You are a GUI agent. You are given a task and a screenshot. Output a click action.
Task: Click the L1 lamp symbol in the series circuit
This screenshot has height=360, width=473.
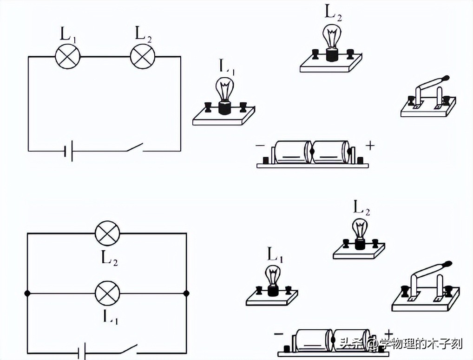click(x=68, y=57)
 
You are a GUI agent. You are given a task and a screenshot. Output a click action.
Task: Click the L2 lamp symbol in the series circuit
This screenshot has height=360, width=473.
click(x=142, y=57)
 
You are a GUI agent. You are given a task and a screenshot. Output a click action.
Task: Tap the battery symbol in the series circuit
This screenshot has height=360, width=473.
click(x=68, y=151)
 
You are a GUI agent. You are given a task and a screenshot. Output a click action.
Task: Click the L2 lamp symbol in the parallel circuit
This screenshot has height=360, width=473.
click(x=107, y=233)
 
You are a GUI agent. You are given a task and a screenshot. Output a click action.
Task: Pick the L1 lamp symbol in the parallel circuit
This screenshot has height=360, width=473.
click(x=107, y=293)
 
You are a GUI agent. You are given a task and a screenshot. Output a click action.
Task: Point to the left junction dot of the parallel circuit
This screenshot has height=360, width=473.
click(x=27, y=293)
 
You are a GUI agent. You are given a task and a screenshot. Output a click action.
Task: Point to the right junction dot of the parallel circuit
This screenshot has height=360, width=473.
click(x=187, y=293)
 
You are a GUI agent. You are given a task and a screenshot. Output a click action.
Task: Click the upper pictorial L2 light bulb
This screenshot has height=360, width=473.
click(x=331, y=37)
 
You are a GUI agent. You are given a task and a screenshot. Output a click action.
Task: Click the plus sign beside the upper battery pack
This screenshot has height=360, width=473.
click(x=370, y=146)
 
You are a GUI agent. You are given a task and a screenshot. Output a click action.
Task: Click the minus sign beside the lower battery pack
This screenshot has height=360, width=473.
click(x=278, y=333)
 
